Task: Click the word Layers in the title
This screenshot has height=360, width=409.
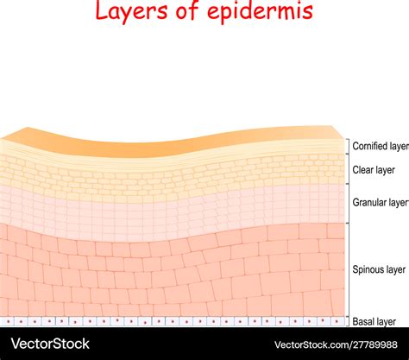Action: (131, 11)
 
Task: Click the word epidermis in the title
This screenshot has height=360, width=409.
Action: (260, 11)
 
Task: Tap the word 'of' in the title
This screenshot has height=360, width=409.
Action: (187, 10)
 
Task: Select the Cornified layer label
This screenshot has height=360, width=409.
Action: (381, 146)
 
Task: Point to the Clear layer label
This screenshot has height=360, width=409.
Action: (374, 170)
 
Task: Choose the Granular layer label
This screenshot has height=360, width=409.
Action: (381, 203)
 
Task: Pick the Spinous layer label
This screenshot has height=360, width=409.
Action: (379, 269)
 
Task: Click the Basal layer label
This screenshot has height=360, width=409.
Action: (374, 321)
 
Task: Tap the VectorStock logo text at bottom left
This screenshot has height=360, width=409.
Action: (50, 344)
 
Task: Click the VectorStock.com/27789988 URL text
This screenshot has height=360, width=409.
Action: (336, 344)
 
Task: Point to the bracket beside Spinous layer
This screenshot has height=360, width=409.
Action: (349, 270)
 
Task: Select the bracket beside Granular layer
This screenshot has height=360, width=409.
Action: (349, 203)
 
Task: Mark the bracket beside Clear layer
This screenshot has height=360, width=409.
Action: (349, 169)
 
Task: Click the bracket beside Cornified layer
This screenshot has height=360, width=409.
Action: (349, 147)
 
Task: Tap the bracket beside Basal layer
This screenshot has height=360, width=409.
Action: (349, 322)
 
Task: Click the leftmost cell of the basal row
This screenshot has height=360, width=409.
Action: (8, 321)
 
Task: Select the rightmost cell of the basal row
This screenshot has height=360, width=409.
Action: (337, 321)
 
